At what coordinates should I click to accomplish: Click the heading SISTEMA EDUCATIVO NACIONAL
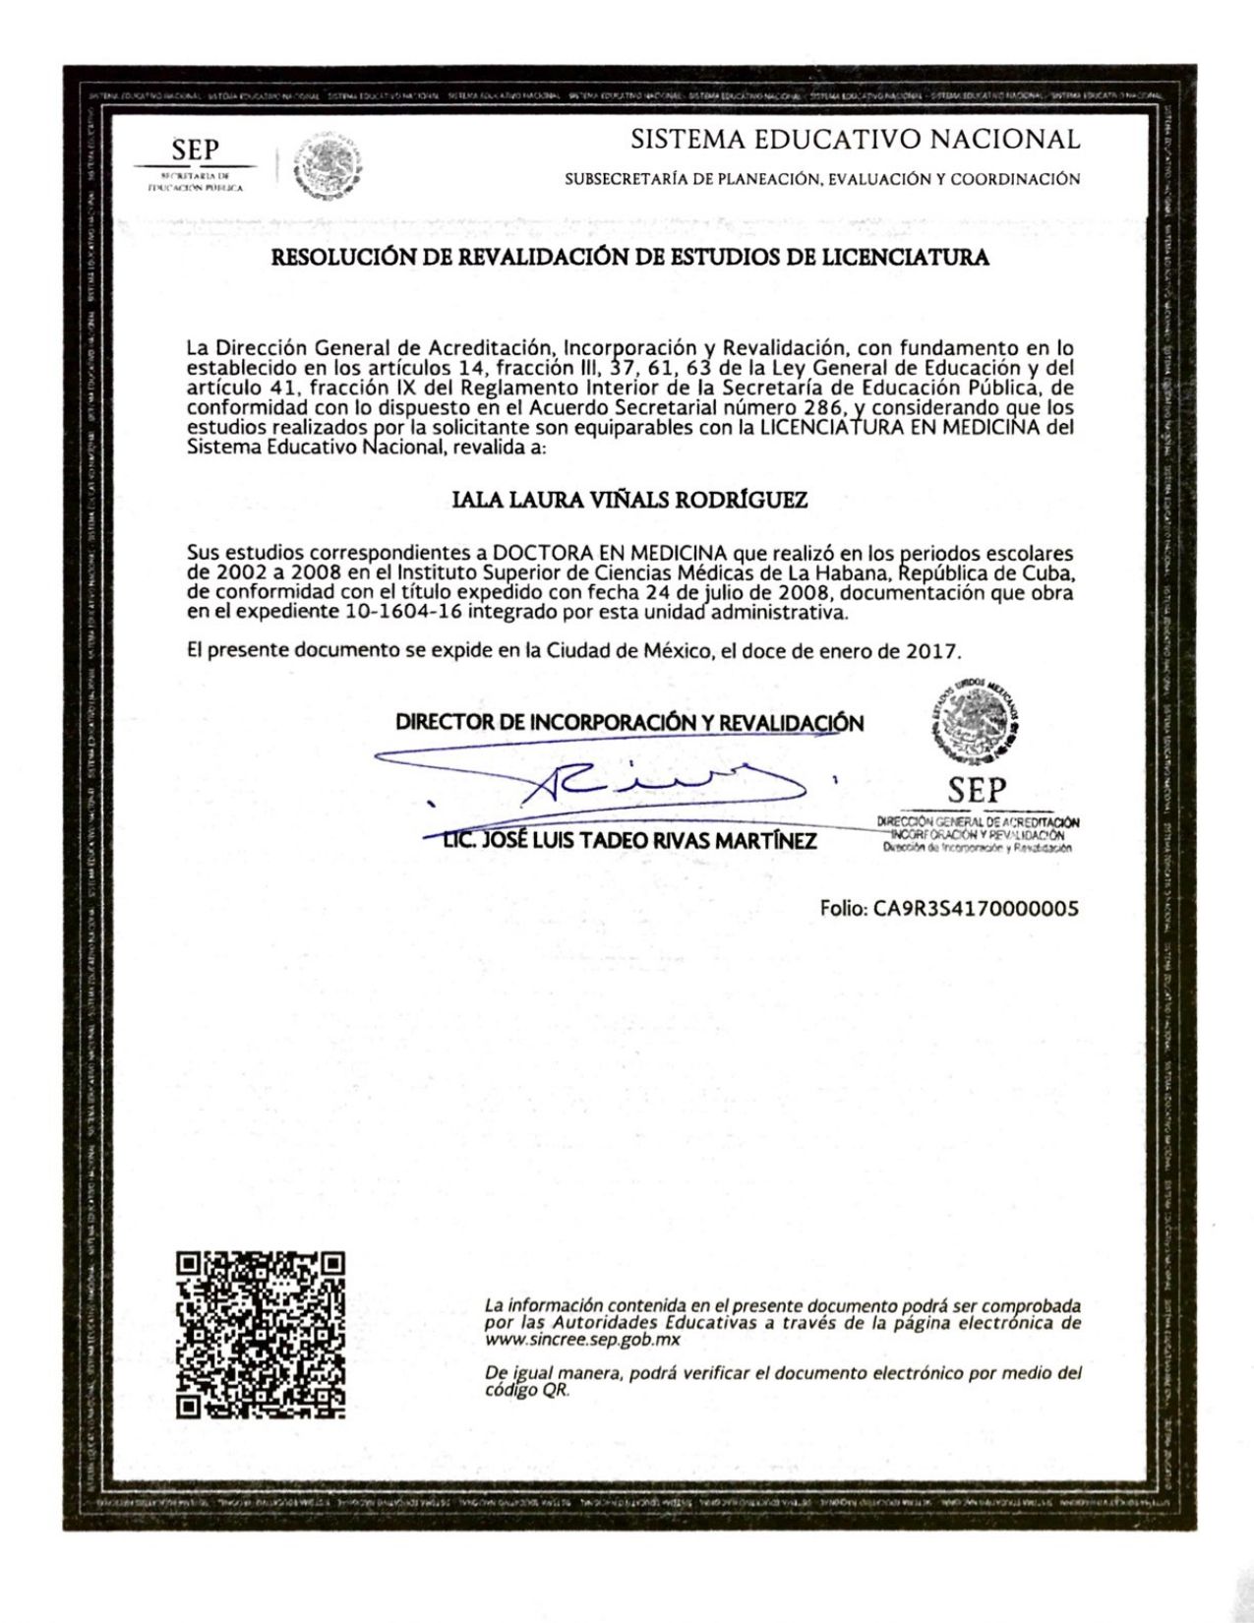tap(855, 139)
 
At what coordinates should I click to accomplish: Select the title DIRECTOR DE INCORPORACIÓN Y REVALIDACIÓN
tap(629, 722)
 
